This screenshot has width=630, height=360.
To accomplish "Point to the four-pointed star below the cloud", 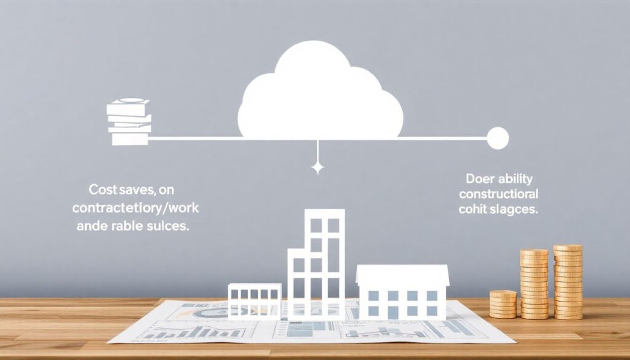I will (x=317, y=167).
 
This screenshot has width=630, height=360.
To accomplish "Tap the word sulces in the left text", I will (x=167, y=225).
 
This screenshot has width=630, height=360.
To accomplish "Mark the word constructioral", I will (x=499, y=195).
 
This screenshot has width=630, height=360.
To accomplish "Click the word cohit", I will (x=474, y=209).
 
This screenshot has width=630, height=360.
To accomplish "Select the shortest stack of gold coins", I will (x=503, y=304).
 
